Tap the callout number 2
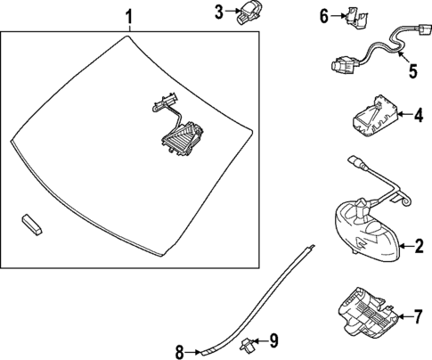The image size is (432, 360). (x=419, y=246)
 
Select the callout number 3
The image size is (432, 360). (x=219, y=12)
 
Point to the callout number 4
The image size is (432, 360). (x=419, y=115)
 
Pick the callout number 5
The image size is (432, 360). (x=413, y=71)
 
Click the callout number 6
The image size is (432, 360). (x=324, y=16)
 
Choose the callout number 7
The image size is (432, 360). (x=417, y=316)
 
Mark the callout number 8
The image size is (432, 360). (x=180, y=353)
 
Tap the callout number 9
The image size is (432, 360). (x=273, y=340)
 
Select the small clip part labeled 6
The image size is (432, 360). (x=356, y=18)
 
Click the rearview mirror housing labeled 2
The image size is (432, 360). (x=367, y=228)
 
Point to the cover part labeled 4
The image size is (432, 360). (x=375, y=116)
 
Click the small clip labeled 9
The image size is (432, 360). (x=246, y=343)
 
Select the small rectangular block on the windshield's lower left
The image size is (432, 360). (x=31, y=224)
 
